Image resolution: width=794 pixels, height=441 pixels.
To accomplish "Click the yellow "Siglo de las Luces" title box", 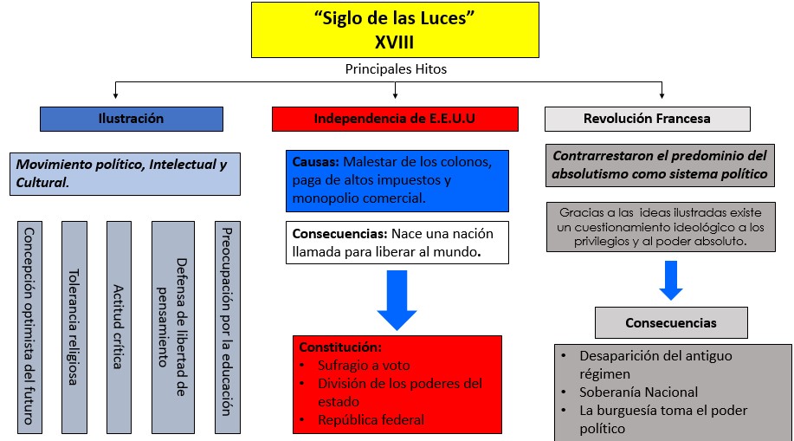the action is tap(395, 30).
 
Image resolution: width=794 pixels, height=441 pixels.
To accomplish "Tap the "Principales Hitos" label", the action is tap(396, 69).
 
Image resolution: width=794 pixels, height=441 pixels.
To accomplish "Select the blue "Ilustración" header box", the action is tap(132, 119).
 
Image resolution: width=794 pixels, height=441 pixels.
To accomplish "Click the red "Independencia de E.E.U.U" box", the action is tap(395, 119).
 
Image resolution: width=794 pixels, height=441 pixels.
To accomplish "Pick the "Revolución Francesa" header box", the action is tap(648, 119).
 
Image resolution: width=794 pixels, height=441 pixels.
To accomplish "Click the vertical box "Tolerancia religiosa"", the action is tap(74, 328).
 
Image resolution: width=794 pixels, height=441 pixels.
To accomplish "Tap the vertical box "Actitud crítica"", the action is tap(119, 328).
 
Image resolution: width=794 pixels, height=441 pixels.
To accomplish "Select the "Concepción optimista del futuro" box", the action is tap(30, 328).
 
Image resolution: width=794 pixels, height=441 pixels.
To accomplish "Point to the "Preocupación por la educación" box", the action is tap(228, 328).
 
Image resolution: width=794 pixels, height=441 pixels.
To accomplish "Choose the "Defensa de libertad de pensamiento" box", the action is tap(173, 328).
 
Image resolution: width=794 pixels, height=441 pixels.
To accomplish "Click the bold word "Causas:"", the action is tap(315, 162).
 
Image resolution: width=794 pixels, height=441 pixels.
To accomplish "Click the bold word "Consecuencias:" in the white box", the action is tap(339, 234).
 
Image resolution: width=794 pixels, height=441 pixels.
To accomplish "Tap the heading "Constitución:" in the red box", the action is tap(340, 347).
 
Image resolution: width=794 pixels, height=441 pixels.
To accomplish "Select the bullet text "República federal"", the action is tap(371, 420).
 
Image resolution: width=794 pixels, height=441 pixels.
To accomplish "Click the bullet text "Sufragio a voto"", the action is tap(364, 366).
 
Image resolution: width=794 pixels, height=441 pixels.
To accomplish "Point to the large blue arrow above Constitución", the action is tap(397, 300).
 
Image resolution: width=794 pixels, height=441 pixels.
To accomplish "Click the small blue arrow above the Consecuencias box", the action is tap(671, 281).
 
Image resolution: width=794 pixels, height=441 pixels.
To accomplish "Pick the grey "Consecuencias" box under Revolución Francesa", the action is tap(671, 323).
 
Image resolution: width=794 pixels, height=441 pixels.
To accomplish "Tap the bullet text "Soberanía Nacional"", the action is tap(638, 392).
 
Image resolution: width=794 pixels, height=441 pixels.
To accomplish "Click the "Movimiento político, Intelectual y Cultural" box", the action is tap(125, 174).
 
